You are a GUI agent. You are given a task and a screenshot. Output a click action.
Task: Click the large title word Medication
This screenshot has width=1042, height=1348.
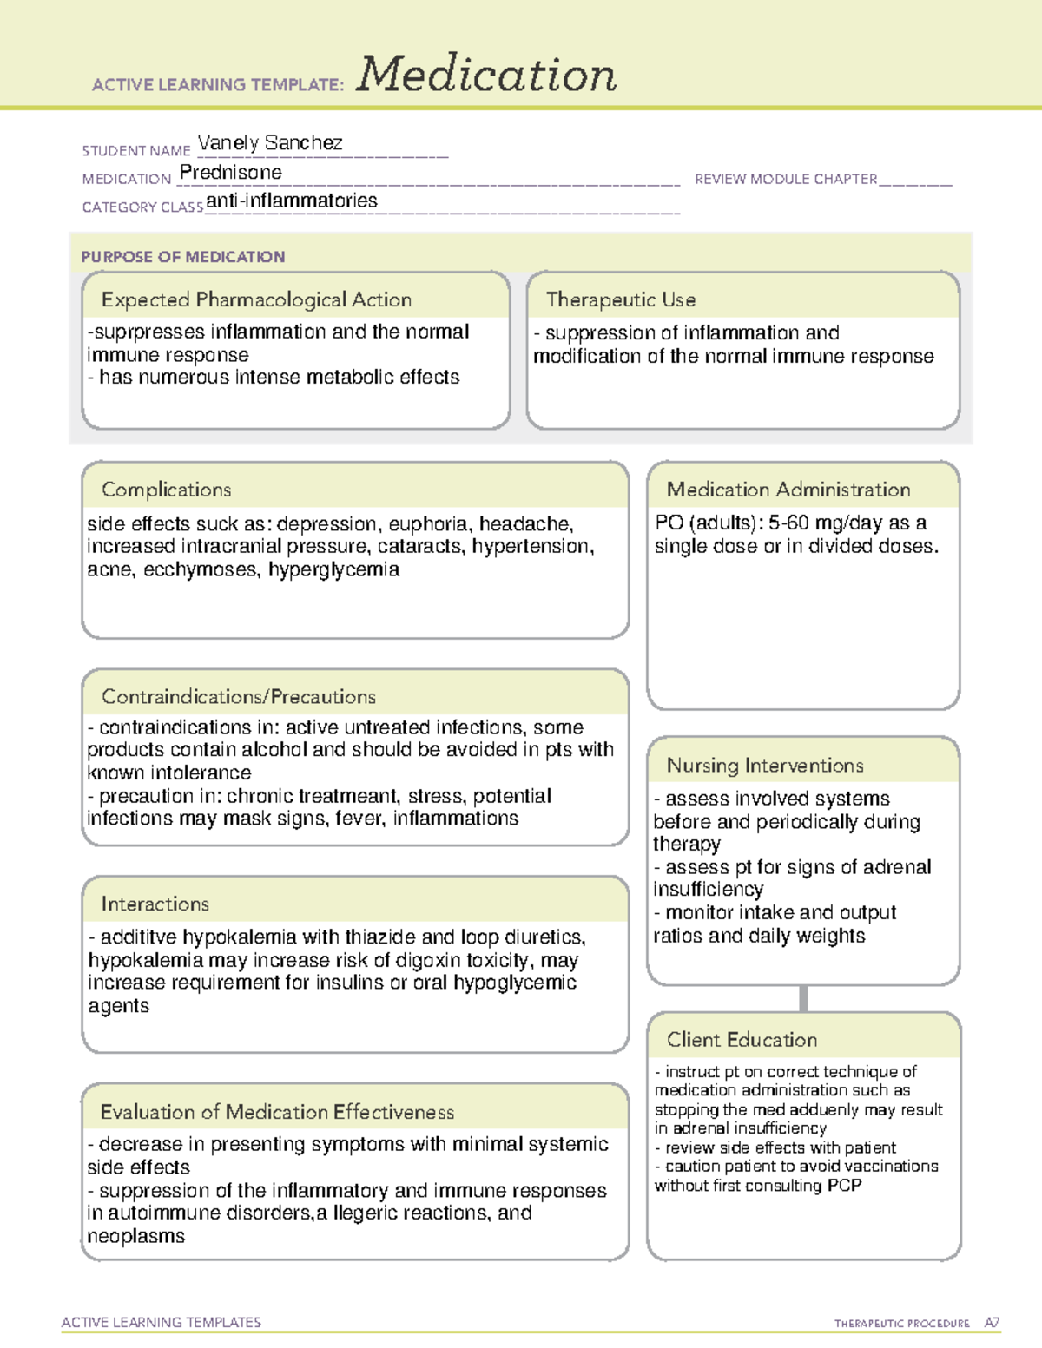coord(486,75)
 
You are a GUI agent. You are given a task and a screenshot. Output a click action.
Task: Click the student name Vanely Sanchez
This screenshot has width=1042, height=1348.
coord(270,143)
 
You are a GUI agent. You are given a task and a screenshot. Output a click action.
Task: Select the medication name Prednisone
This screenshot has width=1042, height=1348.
coord(231,173)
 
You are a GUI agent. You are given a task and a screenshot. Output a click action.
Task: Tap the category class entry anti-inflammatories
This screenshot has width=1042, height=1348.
coord(292,201)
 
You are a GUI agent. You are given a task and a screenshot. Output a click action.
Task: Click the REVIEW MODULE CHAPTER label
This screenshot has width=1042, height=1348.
coord(786,180)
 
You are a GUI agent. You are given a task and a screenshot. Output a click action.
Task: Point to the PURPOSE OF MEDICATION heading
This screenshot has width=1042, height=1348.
coord(183,257)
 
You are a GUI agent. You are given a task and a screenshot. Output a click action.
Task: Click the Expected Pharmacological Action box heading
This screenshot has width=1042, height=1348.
coord(256,300)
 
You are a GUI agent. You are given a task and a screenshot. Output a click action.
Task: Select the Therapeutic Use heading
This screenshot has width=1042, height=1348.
coord(620,300)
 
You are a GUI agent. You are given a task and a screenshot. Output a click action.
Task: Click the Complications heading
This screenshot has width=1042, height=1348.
coord(166,490)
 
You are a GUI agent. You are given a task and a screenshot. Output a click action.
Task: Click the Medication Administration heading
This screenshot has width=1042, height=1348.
coord(788,490)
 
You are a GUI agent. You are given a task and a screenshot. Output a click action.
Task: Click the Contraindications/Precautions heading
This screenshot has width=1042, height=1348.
coord(238,697)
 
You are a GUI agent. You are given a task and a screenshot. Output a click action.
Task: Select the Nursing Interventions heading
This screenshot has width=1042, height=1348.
coord(764,766)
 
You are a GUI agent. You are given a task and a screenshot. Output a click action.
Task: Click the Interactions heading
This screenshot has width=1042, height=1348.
coord(155,904)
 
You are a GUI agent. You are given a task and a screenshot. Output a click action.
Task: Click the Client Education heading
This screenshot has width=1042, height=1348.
coord(742,1040)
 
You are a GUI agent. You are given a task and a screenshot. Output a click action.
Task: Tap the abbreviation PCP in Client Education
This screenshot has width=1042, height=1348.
coord(844,1186)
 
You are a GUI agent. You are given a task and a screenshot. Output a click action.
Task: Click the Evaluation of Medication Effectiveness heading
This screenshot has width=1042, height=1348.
coord(277,1113)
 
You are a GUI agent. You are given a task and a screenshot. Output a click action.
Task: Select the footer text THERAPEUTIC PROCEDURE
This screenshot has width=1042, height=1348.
coord(901,1324)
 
